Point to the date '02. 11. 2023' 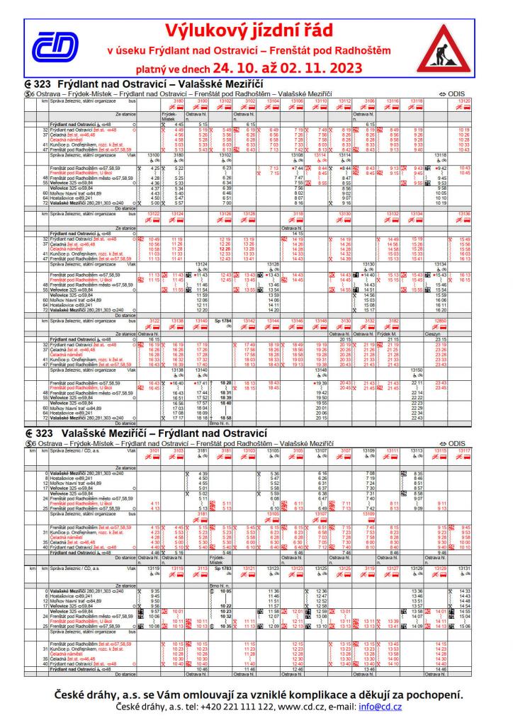[x=320, y=68]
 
